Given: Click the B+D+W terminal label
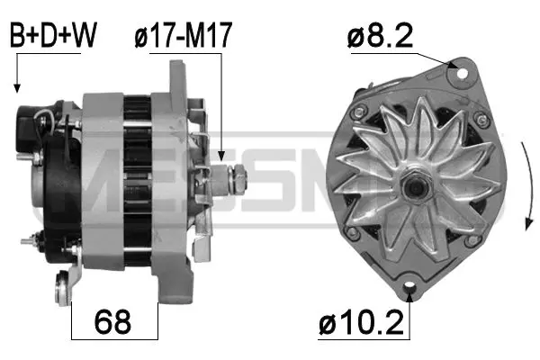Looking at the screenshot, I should pos(53,35).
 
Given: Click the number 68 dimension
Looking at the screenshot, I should pos(113,319).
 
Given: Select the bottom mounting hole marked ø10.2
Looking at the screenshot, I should pos(409,287).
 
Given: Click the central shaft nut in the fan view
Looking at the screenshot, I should pos(416,186).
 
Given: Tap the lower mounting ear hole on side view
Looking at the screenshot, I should pos(63,290).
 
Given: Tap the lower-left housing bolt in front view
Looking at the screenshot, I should pos(354,233).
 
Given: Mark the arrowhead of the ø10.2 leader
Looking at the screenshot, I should pos(409,296).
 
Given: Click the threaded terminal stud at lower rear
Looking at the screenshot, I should pos(36,240).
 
